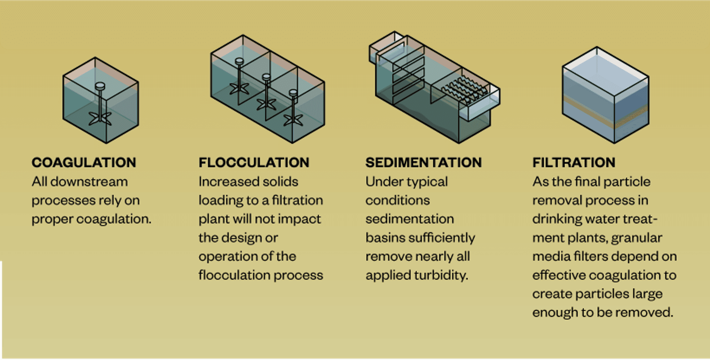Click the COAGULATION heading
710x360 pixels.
point(84,163)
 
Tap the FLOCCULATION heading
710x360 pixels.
point(254,163)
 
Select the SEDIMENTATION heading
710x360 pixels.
point(424,163)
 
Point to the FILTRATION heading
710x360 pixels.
point(574,163)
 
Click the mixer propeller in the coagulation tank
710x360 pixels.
point(100,118)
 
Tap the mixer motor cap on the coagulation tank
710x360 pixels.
point(100,86)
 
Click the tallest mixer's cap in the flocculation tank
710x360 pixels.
point(239,61)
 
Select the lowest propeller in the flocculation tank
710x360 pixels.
point(293,120)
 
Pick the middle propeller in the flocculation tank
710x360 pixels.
point(266,104)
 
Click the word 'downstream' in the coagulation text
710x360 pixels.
point(89,182)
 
